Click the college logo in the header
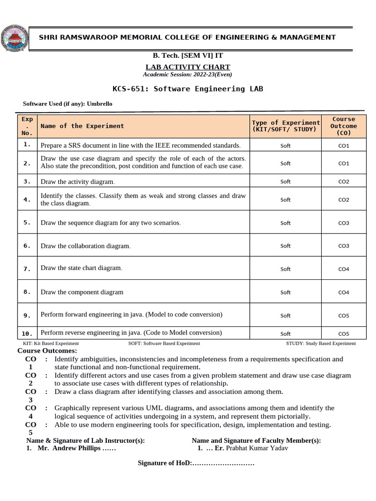[x=15, y=37]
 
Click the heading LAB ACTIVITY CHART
[x=188, y=67]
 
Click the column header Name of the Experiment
[x=82, y=126]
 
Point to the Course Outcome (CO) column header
[x=344, y=126]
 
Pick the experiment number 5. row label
[x=27, y=222]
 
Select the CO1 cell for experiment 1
[x=344, y=146]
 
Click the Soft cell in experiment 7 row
[x=285, y=269]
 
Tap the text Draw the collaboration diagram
[x=86, y=246]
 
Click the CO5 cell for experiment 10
[x=344, y=334]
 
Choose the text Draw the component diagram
[x=82, y=292]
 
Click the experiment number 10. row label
[x=27, y=333]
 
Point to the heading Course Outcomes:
[x=47, y=351]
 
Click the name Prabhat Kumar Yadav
[x=257, y=448]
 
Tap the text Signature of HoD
[x=164, y=463]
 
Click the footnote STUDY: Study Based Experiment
[x=321, y=343]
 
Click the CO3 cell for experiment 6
[x=344, y=246]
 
